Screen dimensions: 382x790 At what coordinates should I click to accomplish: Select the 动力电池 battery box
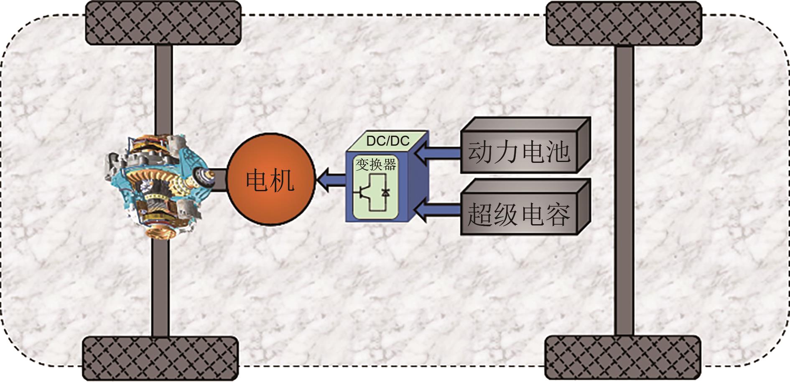coord(519,152)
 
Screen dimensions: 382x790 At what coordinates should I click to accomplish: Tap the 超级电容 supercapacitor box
coord(519,214)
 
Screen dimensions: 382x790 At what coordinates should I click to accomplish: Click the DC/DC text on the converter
coord(387,141)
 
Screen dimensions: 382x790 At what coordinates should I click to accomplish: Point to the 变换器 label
coord(375,165)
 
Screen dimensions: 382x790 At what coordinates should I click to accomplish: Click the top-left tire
coord(163,23)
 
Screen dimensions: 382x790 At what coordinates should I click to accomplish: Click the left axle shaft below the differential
coord(161,288)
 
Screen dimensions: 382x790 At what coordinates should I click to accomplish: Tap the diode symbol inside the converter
coord(385,192)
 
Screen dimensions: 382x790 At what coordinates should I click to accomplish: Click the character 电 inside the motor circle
coord(257,180)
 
